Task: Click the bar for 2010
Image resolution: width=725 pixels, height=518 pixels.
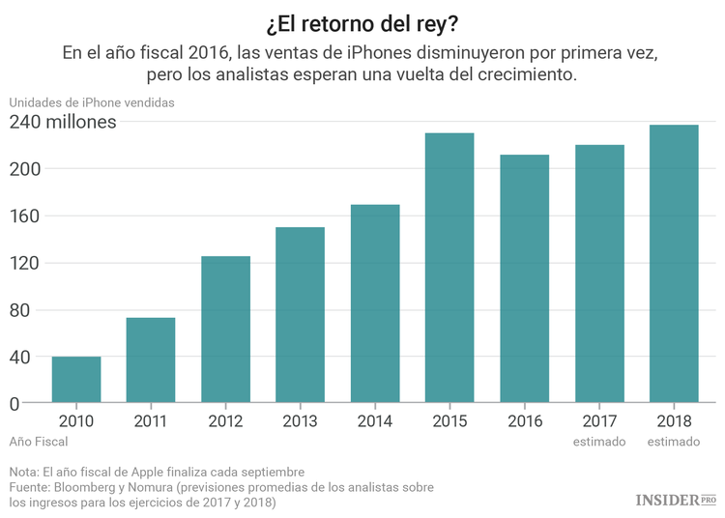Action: tap(76, 380)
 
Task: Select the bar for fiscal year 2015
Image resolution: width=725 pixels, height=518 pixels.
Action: tap(449, 268)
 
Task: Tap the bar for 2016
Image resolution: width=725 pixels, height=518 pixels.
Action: tap(524, 278)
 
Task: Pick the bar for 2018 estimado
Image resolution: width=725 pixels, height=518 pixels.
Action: tap(674, 264)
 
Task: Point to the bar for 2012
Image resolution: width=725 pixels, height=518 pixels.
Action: tap(225, 330)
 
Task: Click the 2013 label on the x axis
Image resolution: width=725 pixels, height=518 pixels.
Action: tap(301, 420)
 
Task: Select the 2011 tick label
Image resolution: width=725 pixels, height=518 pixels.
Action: tap(151, 420)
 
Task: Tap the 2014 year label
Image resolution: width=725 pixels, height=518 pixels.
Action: tap(375, 420)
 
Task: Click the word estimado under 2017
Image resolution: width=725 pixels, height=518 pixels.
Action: tap(599, 442)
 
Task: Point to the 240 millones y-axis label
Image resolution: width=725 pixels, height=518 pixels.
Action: tap(63, 122)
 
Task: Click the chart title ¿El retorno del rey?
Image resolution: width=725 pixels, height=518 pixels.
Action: tap(362, 21)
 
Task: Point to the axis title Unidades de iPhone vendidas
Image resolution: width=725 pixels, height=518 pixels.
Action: tap(92, 102)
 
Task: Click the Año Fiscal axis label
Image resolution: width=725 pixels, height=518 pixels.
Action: tap(39, 442)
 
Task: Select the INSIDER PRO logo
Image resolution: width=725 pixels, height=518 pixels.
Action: tap(676, 499)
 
